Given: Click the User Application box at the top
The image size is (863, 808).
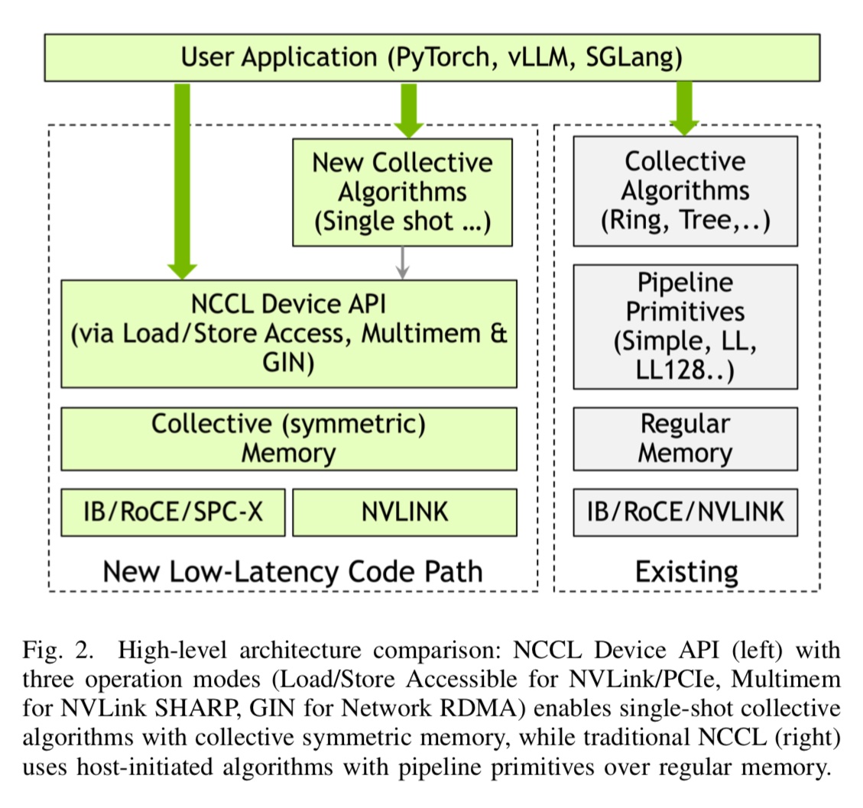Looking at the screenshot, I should [x=432, y=57].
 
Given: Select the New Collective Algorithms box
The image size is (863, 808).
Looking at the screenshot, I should [x=402, y=192].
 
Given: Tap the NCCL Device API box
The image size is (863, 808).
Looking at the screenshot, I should [x=288, y=334].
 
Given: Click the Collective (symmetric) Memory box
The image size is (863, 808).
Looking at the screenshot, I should [x=288, y=438].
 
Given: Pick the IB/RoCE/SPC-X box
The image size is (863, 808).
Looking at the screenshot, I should [x=173, y=512].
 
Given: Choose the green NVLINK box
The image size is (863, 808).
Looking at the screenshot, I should [x=404, y=512].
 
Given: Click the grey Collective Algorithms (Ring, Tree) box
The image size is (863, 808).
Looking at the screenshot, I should [x=685, y=191].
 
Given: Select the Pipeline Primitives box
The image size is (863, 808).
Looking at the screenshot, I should [x=685, y=326].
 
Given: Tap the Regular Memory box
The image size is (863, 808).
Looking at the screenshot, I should [x=685, y=438].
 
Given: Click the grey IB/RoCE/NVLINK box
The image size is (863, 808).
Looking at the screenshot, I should [x=685, y=512].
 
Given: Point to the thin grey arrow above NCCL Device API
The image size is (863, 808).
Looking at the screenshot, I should [x=403, y=262].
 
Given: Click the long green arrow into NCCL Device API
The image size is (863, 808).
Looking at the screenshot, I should [x=182, y=179].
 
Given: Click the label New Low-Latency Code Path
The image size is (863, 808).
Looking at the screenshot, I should [x=292, y=571].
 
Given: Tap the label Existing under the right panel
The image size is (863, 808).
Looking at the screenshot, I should [x=686, y=571].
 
